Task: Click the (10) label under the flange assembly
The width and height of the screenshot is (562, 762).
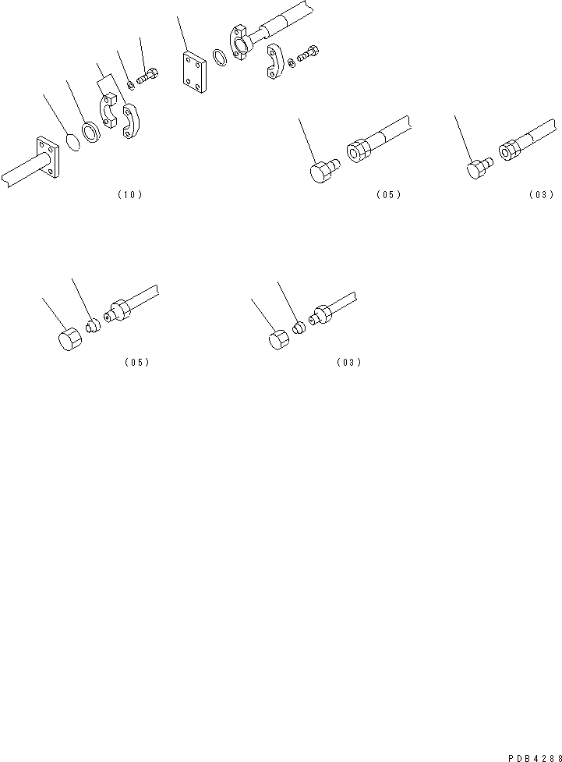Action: point(129,195)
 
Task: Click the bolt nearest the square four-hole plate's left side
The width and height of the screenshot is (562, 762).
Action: point(148,76)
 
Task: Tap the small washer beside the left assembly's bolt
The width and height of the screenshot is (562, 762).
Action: point(130,83)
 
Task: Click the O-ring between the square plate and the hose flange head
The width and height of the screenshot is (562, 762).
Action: point(221,59)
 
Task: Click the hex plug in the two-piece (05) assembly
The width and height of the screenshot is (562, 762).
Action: point(323,171)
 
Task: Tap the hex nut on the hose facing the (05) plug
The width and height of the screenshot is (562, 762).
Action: point(360,150)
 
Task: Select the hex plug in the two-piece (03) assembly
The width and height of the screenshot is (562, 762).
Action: point(478,170)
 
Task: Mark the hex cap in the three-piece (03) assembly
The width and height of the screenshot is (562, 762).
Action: point(278,340)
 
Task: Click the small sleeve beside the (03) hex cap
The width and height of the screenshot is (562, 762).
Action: point(298,326)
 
